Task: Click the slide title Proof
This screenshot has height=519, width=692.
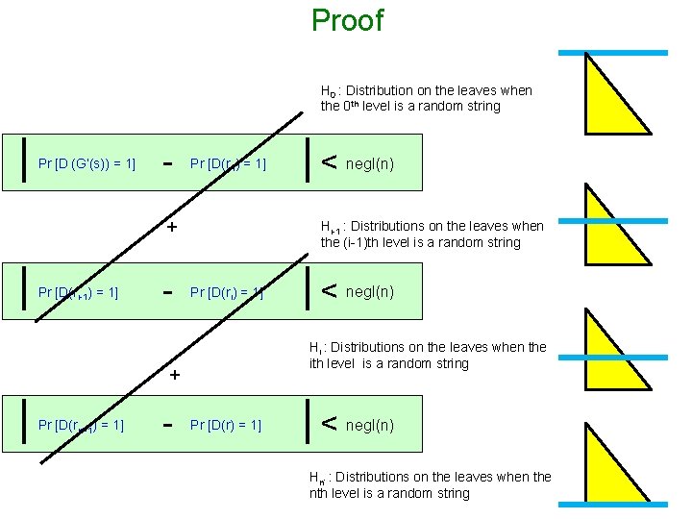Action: coord(347,20)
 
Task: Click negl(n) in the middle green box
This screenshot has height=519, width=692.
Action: coord(370,291)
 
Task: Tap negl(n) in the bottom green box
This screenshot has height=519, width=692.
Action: coord(370,425)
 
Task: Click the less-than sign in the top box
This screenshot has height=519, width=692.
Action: coord(329,162)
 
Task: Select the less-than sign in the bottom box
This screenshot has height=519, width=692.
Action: coord(329,424)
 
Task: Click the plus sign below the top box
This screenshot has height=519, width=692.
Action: coord(172,228)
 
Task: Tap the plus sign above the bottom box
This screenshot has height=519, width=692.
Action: coord(175,375)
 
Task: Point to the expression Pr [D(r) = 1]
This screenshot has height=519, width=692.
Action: coord(226,425)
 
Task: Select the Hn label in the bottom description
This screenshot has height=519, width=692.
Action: coord(316,478)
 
